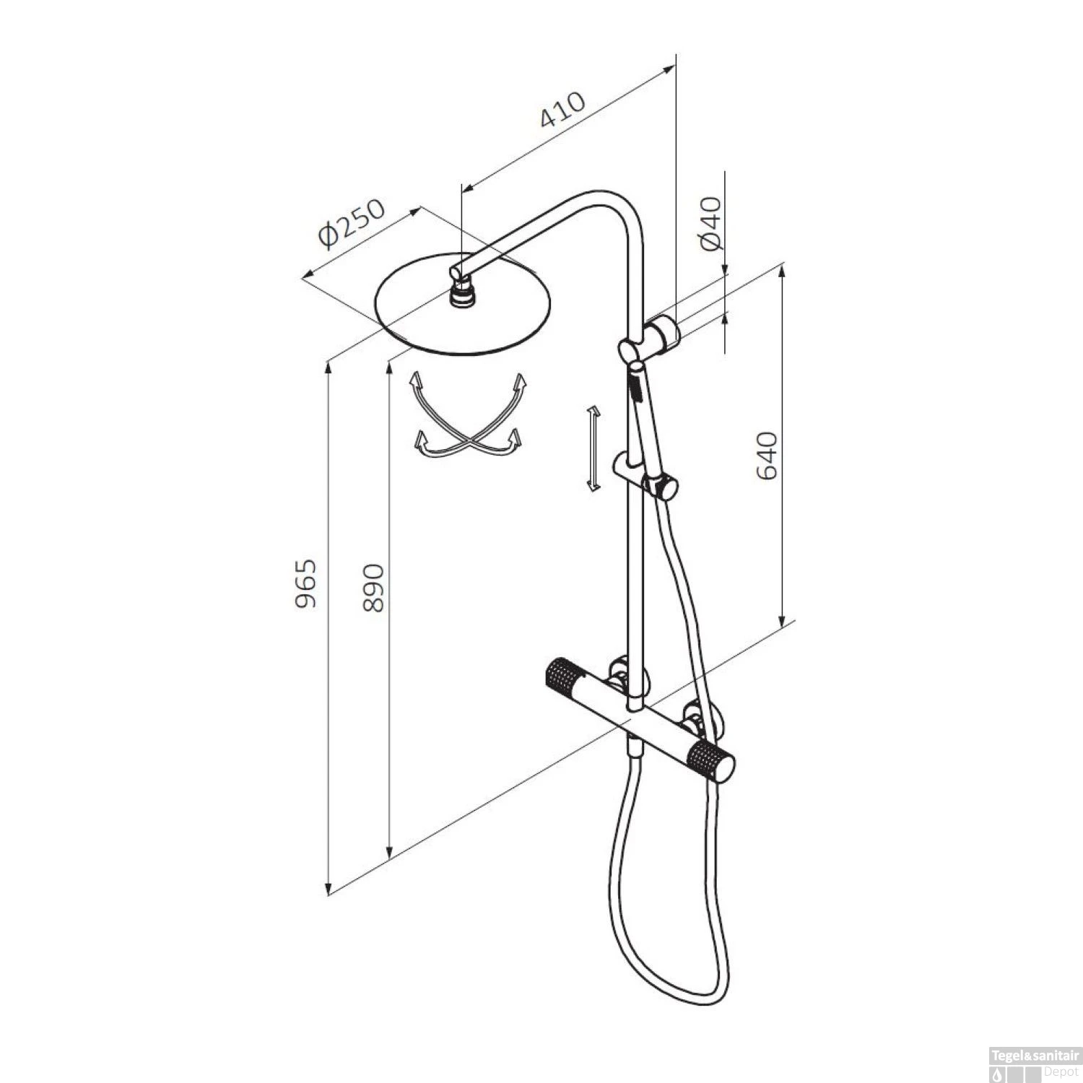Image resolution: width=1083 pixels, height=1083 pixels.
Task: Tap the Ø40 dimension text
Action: [x=711, y=223]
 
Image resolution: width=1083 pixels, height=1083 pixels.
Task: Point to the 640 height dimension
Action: [x=766, y=455]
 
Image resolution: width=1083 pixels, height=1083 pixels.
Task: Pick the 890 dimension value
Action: [x=374, y=588]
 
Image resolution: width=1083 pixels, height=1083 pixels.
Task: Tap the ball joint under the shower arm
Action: [x=462, y=295]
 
